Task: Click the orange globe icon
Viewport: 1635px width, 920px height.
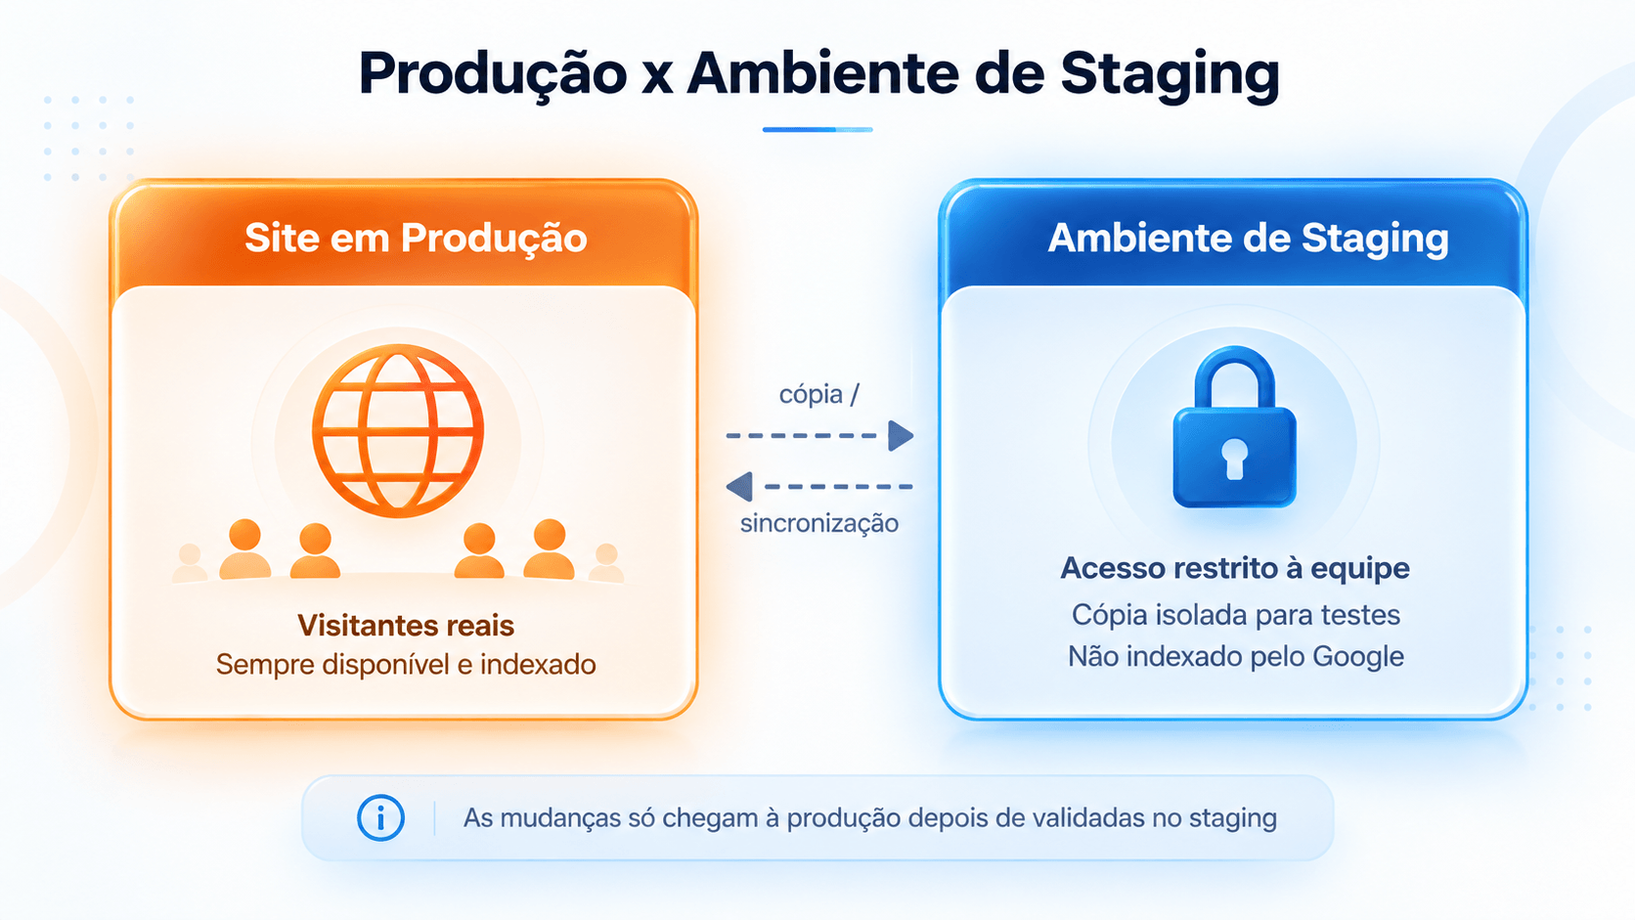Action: [398, 430]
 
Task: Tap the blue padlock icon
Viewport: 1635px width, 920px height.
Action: [1234, 427]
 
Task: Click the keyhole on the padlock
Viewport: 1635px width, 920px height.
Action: [1234, 459]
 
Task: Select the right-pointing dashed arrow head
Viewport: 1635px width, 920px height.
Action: [901, 436]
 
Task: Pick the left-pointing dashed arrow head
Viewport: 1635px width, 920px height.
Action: [739, 487]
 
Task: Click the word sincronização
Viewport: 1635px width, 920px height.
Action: [818, 523]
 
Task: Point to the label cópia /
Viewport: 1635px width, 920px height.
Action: [818, 394]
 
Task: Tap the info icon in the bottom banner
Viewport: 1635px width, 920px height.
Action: [380, 818]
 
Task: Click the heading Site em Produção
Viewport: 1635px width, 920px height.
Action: [416, 238]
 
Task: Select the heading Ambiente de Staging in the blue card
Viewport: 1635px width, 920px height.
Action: [1248, 238]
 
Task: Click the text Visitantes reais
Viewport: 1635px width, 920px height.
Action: [405, 626]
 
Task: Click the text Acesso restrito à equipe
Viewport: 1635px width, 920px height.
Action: [1234, 568]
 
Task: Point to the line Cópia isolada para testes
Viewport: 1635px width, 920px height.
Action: [1236, 615]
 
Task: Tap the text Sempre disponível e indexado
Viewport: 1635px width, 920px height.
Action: [406, 665]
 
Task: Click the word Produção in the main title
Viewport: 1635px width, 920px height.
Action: [493, 73]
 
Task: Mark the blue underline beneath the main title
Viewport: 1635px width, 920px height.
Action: [817, 130]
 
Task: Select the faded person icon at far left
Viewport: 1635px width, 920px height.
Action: [190, 562]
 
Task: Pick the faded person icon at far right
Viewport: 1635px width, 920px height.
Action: [606, 562]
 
